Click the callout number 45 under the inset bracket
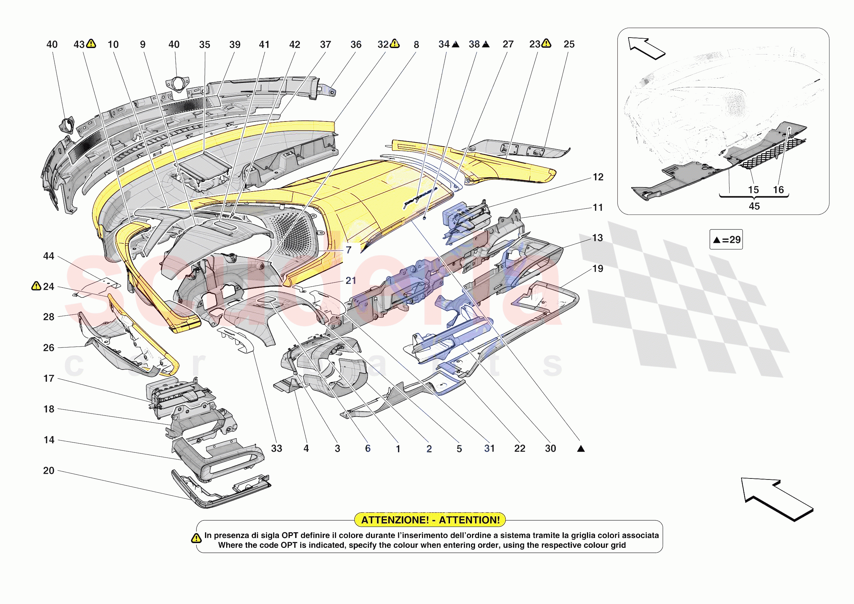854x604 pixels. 754,206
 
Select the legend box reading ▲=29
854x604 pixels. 726,240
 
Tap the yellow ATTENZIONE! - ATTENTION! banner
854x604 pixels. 430,520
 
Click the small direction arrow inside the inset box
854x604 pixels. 646,48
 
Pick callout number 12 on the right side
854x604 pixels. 598,177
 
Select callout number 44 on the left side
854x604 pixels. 49,256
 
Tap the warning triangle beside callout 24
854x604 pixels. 36,286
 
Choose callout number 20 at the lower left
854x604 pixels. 49,470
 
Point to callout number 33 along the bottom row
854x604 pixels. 276,448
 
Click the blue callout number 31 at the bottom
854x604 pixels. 489,448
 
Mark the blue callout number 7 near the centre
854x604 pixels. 349,249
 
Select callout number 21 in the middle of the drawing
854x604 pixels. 351,281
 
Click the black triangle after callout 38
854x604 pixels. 486,45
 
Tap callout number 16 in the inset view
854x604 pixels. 778,190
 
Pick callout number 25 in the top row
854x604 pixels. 569,44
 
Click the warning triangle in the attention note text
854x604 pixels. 196,538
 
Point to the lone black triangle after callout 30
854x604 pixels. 580,449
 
